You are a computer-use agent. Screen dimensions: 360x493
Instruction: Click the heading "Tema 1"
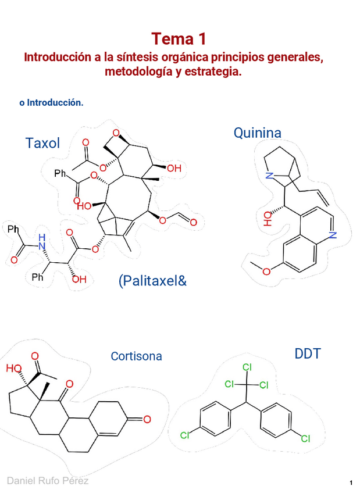pyautogui.click(x=180, y=39)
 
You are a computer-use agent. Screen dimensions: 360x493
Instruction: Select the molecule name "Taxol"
pyautogui.click(x=42, y=143)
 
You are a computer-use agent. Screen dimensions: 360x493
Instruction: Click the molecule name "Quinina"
pyautogui.click(x=257, y=133)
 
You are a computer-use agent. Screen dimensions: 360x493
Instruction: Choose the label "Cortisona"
pyautogui.click(x=136, y=356)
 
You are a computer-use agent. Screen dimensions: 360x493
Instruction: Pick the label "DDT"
pyautogui.click(x=308, y=353)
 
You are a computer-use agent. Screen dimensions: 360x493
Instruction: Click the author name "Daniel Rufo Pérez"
pyautogui.click(x=48, y=480)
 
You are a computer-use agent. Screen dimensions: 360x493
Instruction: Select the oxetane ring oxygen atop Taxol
pyautogui.click(x=116, y=133)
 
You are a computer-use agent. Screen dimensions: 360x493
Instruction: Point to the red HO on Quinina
pyautogui.click(x=268, y=218)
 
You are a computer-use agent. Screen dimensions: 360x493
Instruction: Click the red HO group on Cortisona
pyautogui.click(x=14, y=368)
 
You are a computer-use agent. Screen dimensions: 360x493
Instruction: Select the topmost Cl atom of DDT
pyautogui.click(x=246, y=367)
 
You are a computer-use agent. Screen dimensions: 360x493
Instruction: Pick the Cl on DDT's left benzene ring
pyautogui.click(x=184, y=434)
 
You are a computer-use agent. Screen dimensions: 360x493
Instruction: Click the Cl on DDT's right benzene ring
pyautogui.click(x=305, y=439)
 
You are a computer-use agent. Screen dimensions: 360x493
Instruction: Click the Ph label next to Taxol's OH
pyautogui.click(x=37, y=278)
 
